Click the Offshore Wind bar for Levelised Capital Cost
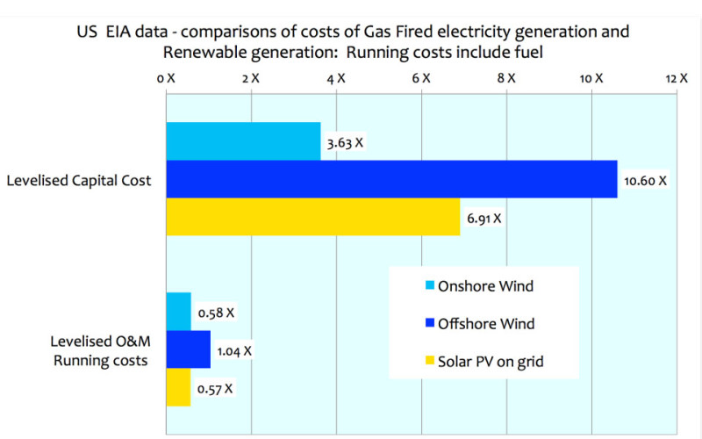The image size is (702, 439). pos(391,179)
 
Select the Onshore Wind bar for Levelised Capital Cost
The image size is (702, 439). pos(243,140)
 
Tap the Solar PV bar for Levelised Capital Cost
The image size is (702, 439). pos(312,217)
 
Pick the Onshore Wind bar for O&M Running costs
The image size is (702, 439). pos(178,311)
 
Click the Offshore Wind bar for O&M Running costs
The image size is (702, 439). pos(188,349)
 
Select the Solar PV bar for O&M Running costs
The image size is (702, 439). pos(178,387)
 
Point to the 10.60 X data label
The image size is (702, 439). pos(645,181)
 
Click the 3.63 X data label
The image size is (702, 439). pos(346,143)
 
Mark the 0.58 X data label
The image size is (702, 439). pos(216,313)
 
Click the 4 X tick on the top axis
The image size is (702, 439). pos(336,78)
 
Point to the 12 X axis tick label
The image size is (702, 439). pos(677,78)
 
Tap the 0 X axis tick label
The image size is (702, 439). pos(167,78)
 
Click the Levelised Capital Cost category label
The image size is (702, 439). pos(79,180)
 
